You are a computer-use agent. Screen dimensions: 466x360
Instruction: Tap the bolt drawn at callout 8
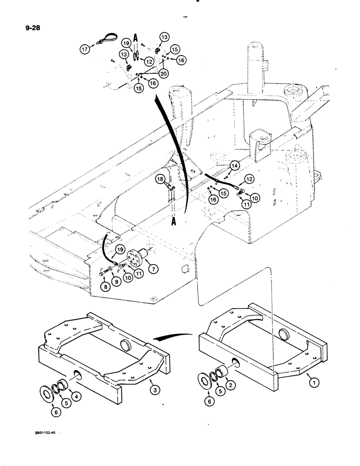tap(103, 275)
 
